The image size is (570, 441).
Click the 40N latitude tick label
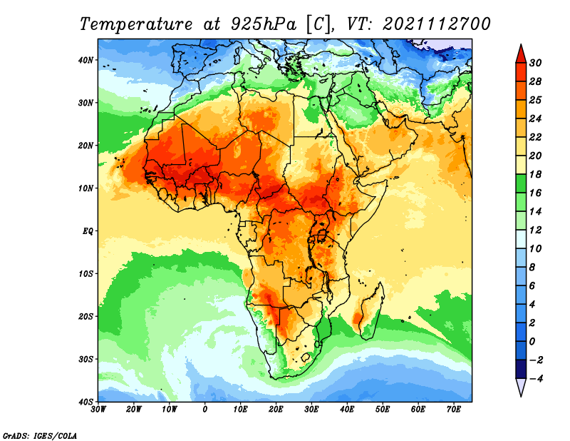coord(85,60)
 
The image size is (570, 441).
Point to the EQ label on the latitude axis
coord(88,231)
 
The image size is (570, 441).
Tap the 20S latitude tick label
coord(85,316)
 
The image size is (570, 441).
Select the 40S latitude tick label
coord(85,402)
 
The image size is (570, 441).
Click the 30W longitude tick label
coord(98,410)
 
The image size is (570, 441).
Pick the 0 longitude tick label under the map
coord(205,410)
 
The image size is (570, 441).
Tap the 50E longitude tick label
coord(383,410)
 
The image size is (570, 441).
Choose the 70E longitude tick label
coord(454,410)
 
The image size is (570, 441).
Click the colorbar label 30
coord(535,63)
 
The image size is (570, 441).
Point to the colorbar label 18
coord(535,174)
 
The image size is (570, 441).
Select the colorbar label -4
coord(535,379)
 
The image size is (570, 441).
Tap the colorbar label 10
coord(535,249)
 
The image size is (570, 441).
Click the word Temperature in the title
coord(135,24)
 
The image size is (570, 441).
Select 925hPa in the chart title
coord(264,24)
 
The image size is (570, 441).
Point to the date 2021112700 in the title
coord(437,24)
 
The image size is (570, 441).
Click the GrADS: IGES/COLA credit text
coord(40,436)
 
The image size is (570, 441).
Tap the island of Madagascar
coord(370,311)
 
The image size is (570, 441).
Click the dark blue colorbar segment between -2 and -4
coord(521,369)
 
